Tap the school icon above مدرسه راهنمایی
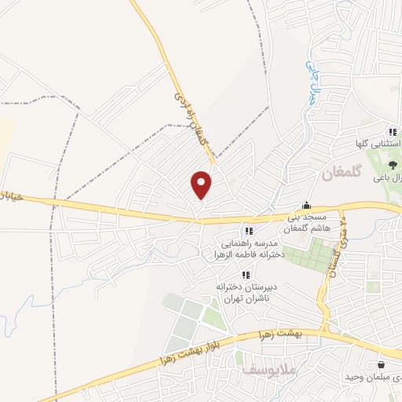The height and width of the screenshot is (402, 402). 249,231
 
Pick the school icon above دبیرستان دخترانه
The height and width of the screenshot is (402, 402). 246,275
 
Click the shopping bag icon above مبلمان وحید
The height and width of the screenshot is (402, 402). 382,364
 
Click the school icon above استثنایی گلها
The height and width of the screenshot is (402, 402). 391,132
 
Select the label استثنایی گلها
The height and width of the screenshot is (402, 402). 378,145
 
